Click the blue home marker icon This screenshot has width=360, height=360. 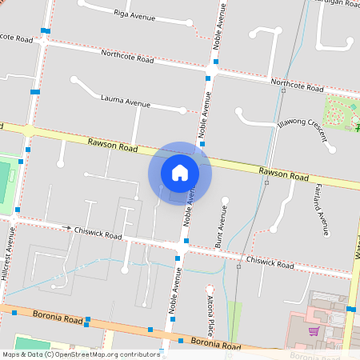(180, 172)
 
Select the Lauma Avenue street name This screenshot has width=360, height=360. (126, 102)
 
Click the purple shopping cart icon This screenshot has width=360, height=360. (314, 331)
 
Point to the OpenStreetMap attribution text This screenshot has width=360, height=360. (81, 354)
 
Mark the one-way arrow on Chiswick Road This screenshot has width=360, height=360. (68, 228)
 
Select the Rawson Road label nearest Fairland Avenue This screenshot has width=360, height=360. (283, 174)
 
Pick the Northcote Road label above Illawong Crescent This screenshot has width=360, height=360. (296, 83)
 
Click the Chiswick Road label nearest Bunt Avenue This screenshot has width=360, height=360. (270, 261)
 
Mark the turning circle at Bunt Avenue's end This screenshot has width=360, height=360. (225, 200)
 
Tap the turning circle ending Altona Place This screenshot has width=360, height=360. (210, 289)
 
